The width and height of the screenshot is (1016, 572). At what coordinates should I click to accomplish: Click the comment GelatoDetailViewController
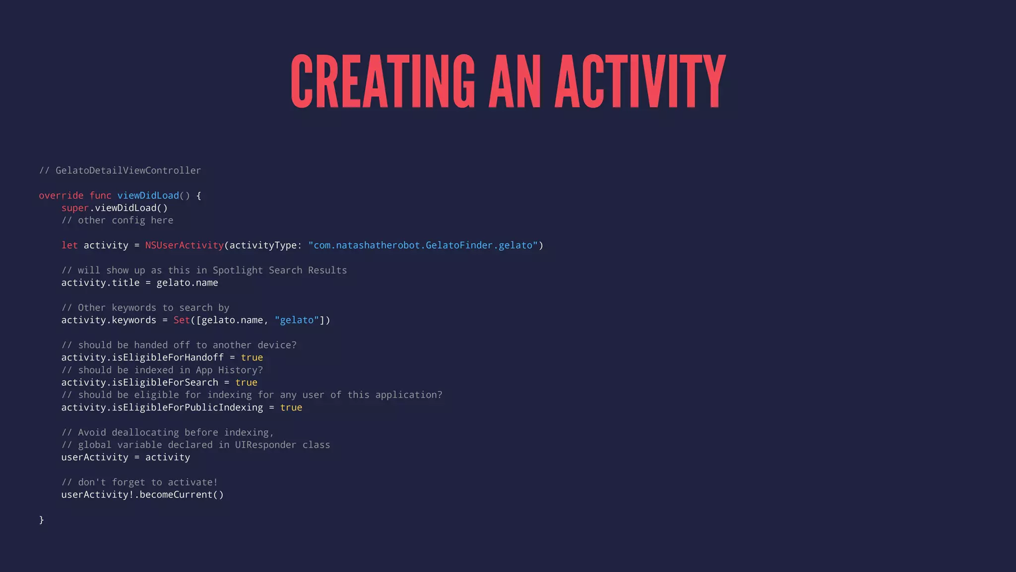128,170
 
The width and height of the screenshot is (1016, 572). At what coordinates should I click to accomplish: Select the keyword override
61,196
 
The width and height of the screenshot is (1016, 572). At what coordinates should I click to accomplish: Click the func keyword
100,196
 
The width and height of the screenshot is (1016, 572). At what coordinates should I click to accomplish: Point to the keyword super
75,208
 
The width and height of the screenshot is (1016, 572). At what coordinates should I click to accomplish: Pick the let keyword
69,245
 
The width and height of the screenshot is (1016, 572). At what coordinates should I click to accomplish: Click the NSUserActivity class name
185,245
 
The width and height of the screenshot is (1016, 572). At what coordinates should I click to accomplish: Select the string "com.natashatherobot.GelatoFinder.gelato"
423,245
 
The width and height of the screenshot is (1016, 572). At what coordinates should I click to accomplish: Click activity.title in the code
100,283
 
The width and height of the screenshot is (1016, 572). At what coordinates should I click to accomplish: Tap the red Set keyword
182,320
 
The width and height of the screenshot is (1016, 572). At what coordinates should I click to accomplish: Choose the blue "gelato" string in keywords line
297,320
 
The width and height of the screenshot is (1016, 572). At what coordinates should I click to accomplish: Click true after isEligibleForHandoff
252,357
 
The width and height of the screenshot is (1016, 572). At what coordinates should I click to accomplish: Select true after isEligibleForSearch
246,382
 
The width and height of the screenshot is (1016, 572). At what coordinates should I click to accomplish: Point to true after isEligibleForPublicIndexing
291,408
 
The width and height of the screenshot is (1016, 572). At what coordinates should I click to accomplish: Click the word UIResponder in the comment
265,445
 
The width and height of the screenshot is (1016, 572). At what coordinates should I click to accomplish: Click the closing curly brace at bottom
42,519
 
